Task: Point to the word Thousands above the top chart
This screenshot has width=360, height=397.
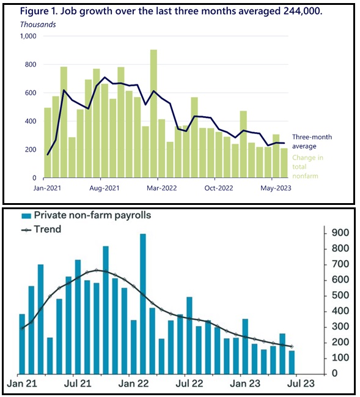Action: click(x=38, y=24)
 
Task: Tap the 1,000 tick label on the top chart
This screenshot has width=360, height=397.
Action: click(x=28, y=36)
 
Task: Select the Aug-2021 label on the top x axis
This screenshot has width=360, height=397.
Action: click(x=105, y=188)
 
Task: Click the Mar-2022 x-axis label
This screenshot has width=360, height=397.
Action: click(x=161, y=188)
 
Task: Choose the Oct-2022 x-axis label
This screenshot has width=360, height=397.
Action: click(x=219, y=188)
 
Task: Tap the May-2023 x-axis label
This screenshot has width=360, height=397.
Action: click(x=276, y=188)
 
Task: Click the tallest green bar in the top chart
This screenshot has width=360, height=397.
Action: click(x=153, y=114)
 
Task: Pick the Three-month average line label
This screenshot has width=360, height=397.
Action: click(x=312, y=141)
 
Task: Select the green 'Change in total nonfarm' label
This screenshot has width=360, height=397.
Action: click(x=307, y=166)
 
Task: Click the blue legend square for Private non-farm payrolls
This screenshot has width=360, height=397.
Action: click(x=26, y=216)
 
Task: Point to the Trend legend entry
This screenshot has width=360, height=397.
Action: click(x=41, y=229)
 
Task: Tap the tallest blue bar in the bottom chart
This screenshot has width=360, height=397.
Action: click(x=143, y=304)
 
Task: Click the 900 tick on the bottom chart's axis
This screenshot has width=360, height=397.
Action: click(x=335, y=232)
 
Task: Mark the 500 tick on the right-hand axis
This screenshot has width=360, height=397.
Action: click(x=335, y=295)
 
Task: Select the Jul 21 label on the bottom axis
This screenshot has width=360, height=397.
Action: click(x=78, y=384)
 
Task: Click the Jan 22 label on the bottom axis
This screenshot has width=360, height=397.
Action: click(x=133, y=384)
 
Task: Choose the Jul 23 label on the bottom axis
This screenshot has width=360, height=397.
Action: click(x=301, y=384)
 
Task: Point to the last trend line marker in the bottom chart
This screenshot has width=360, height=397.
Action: click(x=292, y=346)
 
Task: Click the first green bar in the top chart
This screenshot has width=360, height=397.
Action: click(x=48, y=143)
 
